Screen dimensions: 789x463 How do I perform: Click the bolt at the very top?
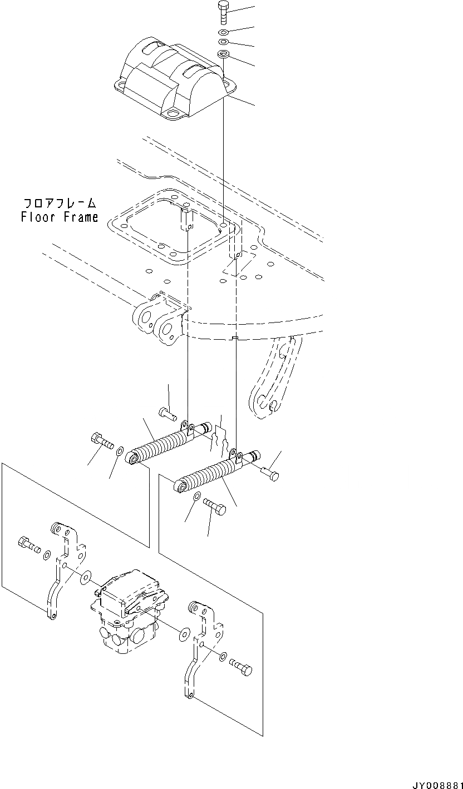tap(223, 12)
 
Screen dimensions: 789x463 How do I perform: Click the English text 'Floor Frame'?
tap(60, 217)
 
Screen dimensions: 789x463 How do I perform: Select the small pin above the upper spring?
tap(167, 413)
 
